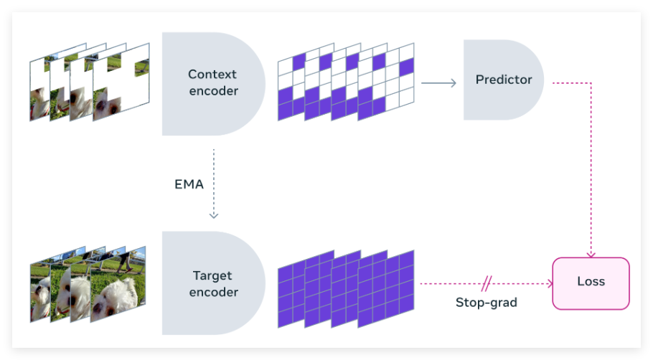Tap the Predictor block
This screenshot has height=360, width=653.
502,80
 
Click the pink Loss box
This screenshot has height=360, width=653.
591,283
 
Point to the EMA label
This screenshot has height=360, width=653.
189,184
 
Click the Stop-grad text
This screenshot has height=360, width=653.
487,302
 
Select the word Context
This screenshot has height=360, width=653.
212,74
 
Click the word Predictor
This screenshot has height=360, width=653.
504,80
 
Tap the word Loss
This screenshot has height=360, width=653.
591,282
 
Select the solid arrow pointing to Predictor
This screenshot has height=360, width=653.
438,83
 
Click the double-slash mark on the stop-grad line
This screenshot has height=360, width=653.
487,283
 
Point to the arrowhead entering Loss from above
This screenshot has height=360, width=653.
591,253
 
